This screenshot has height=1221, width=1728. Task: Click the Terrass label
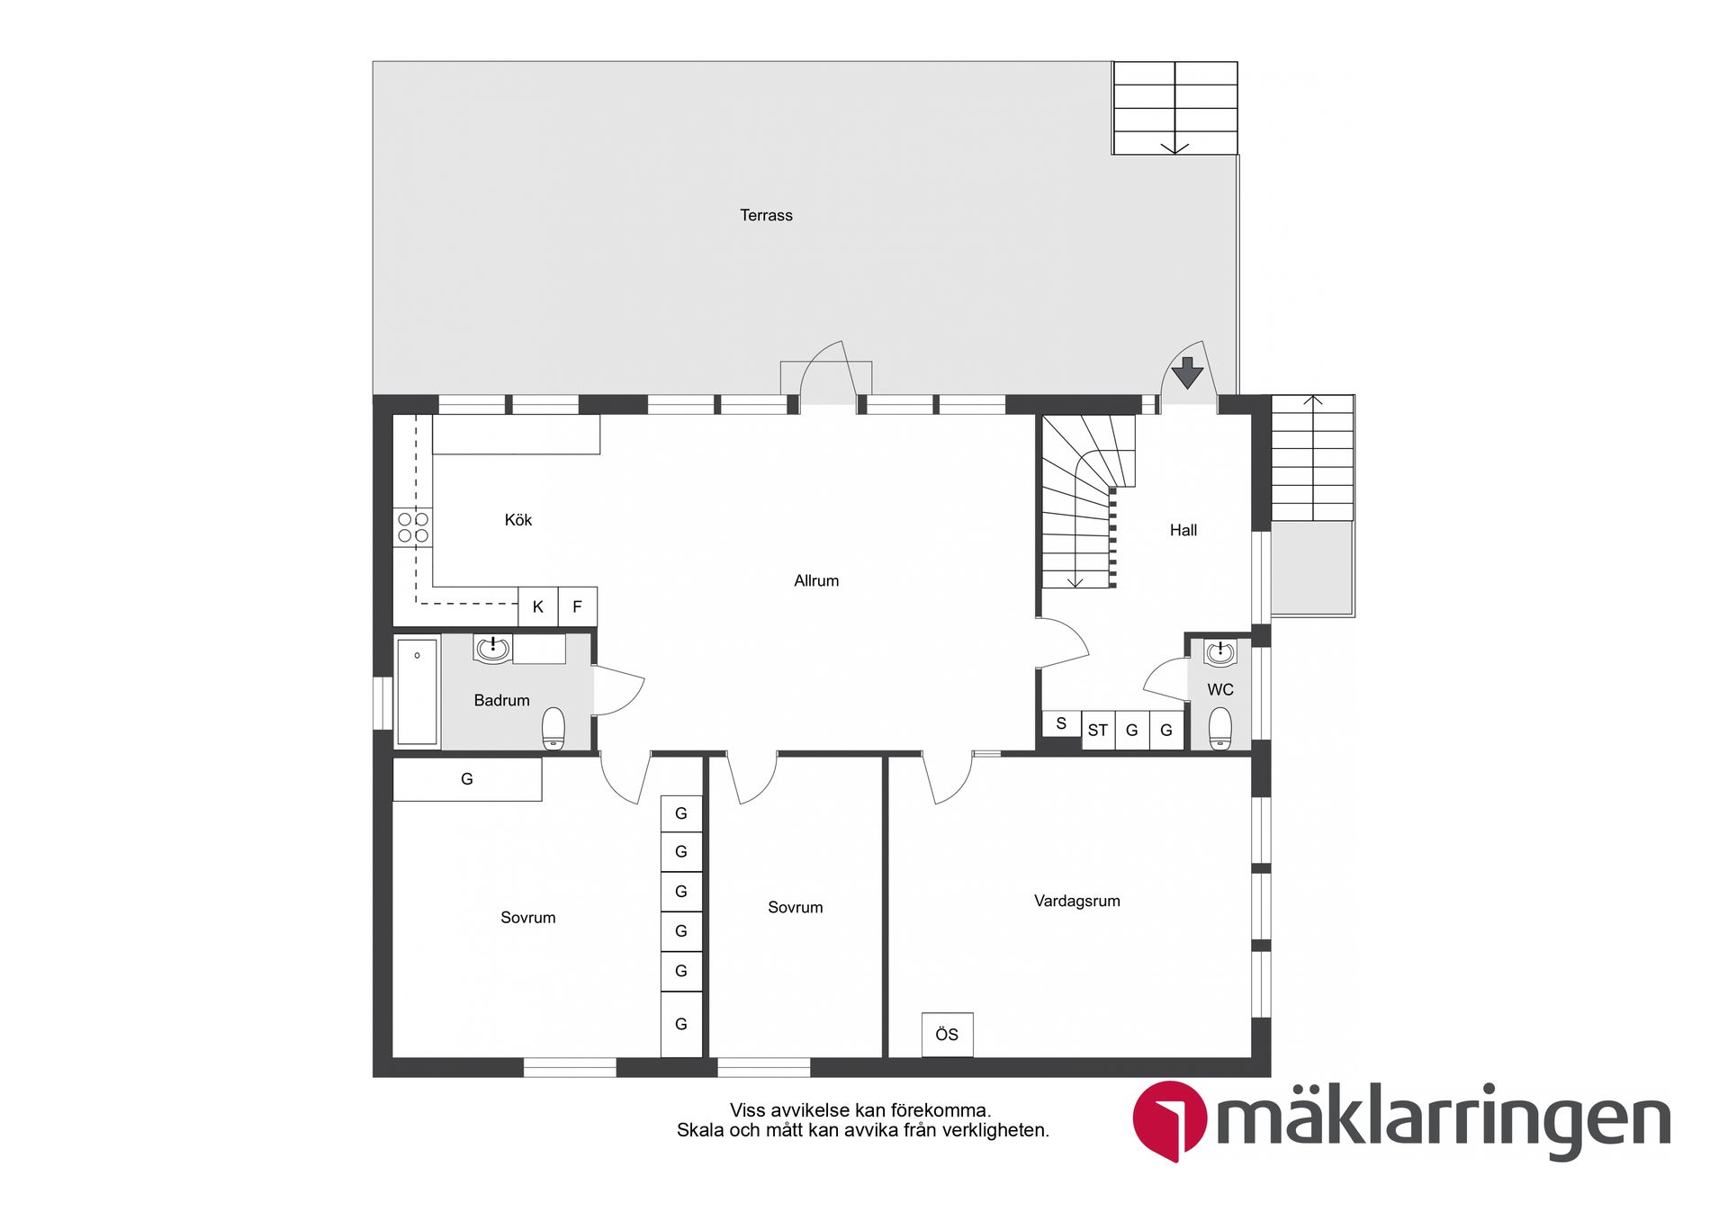pyautogui.click(x=766, y=215)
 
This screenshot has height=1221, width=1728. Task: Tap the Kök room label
pyautogui.click(x=517, y=520)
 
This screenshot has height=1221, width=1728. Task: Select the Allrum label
pyautogui.click(x=816, y=581)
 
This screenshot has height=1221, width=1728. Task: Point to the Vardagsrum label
pyautogui.click(x=1076, y=901)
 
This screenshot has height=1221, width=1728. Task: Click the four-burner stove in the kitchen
pyautogui.click(x=413, y=527)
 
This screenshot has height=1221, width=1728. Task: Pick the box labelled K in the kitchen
pyautogui.click(x=538, y=606)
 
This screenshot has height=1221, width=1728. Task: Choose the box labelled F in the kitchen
pyautogui.click(x=578, y=606)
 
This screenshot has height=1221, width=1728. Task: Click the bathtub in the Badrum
pyautogui.click(x=417, y=691)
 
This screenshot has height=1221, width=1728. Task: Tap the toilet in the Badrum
pyautogui.click(x=553, y=728)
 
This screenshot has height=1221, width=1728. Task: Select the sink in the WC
pyautogui.click(x=1219, y=652)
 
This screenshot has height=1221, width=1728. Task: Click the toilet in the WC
pyautogui.click(x=1219, y=727)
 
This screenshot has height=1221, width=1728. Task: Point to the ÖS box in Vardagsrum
pyautogui.click(x=947, y=1035)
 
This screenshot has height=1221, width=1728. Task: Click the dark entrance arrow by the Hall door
pyautogui.click(x=1187, y=372)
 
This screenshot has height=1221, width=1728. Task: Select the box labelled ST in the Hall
pyautogui.click(x=1097, y=730)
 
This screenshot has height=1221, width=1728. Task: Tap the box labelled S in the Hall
pyautogui.click(x=1061, y=723)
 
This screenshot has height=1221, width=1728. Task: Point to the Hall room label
pyautogui.click(x=1183, y=531)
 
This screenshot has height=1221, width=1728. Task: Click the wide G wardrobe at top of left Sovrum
pyautogui.click(x=467, y=779)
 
